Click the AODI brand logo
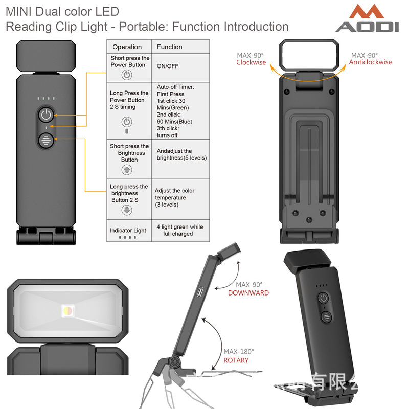pos(367,19)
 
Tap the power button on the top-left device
pos(46,115)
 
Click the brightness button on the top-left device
pos(46,140)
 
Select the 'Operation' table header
pos(127,47)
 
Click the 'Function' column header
pos(169,47)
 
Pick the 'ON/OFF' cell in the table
pos(168,66)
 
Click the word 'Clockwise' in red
pos(251,62)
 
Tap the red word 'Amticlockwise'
pos(370,62)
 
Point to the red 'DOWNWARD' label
pos(248,293)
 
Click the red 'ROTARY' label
pos(236,360)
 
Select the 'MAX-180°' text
pos(238,352)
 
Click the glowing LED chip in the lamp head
pos(67,310)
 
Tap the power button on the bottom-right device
pos(323,298)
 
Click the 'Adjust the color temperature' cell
pos(174,197)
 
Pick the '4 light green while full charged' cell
pos(179,230)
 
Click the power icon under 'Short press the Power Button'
pos(127,75)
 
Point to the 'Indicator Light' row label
pos(128,231)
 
